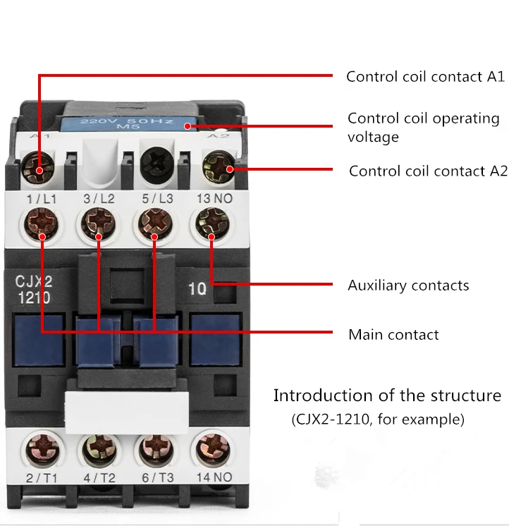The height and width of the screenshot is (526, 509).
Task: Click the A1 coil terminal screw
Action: [37, 166]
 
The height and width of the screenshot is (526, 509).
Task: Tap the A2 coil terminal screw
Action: [219, 166]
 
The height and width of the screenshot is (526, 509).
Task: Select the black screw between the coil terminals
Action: [157, 164]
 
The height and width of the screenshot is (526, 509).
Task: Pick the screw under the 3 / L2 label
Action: [99, 222]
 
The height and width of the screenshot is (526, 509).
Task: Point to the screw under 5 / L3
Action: [156, 222]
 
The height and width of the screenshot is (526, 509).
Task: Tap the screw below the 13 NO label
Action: [212, 222]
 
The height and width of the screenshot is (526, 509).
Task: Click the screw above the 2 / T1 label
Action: [42, 450]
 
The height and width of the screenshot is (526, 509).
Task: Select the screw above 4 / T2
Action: [99, 450]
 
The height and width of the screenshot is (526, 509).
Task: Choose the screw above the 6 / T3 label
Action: [156, 450]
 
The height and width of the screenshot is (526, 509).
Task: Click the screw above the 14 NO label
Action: [213, 450]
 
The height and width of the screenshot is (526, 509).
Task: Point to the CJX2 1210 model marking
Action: [34, 290]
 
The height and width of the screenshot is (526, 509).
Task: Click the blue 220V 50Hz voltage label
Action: [128, 123]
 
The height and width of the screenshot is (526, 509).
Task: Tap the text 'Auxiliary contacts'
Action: [408, 286]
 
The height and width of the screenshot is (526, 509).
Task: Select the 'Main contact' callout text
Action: [393, 335]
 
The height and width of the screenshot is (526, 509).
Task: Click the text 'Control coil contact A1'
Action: [425, 76]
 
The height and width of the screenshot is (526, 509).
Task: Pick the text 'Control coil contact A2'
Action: [428, 171]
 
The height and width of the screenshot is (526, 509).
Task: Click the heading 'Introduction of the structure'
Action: [387, 396]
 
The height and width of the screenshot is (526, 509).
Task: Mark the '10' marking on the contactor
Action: [197, 288]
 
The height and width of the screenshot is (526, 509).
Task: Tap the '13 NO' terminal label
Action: [214, 199]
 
